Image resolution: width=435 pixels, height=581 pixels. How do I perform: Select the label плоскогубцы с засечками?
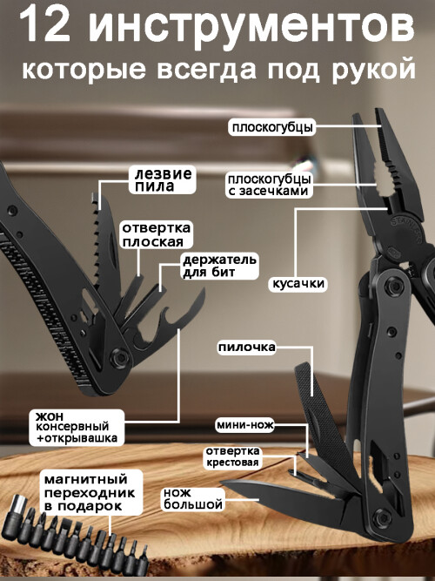click(269, 185)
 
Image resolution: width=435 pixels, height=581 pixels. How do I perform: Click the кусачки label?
click(298, 283)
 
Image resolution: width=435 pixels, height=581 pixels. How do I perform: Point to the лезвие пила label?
click(163, 179)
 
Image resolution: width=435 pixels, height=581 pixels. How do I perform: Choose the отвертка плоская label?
click(156, 234)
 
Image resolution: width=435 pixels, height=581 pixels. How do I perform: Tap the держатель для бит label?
click(219, 266)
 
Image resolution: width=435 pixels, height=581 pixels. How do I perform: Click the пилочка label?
click(246, 348)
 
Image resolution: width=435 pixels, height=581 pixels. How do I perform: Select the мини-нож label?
click(245, 424)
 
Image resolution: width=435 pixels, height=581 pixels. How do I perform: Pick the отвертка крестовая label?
click(232, 456)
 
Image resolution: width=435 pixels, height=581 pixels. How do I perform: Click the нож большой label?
click(193, 499)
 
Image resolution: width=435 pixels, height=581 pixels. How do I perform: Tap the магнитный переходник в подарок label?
click(90, 492)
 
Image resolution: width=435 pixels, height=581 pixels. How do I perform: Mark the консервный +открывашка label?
click(77, 427)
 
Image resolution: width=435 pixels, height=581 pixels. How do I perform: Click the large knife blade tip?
click(221, 482)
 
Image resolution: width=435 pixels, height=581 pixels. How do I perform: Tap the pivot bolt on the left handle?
click(119, 357)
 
